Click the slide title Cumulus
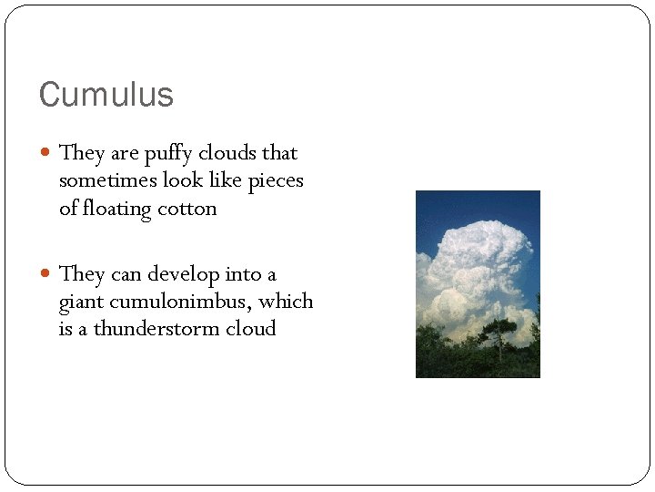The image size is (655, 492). (106, 94)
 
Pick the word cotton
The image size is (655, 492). (186, 208)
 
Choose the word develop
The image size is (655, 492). (185, 274)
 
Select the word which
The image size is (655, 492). (287, 302)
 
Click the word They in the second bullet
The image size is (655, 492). (81, 273)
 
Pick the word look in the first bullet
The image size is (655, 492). (183, 180)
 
